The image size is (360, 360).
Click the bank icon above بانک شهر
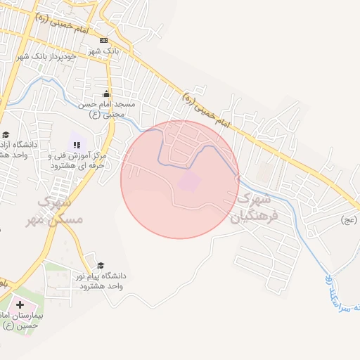click(104, 40)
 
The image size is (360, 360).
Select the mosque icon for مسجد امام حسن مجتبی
click(106, 94)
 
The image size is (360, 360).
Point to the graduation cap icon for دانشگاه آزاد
click(6, 134)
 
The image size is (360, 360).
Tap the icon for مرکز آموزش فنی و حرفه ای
click(77, 144)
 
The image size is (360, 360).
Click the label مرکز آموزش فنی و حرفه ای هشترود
click(77, 160)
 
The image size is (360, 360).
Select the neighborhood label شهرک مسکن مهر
click(60, 211)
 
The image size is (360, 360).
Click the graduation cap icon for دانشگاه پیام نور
click(101, 265)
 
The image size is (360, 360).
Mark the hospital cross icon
click(19, 305)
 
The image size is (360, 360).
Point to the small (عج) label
click(348, 220)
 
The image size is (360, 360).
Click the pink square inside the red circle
click(189, 181)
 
